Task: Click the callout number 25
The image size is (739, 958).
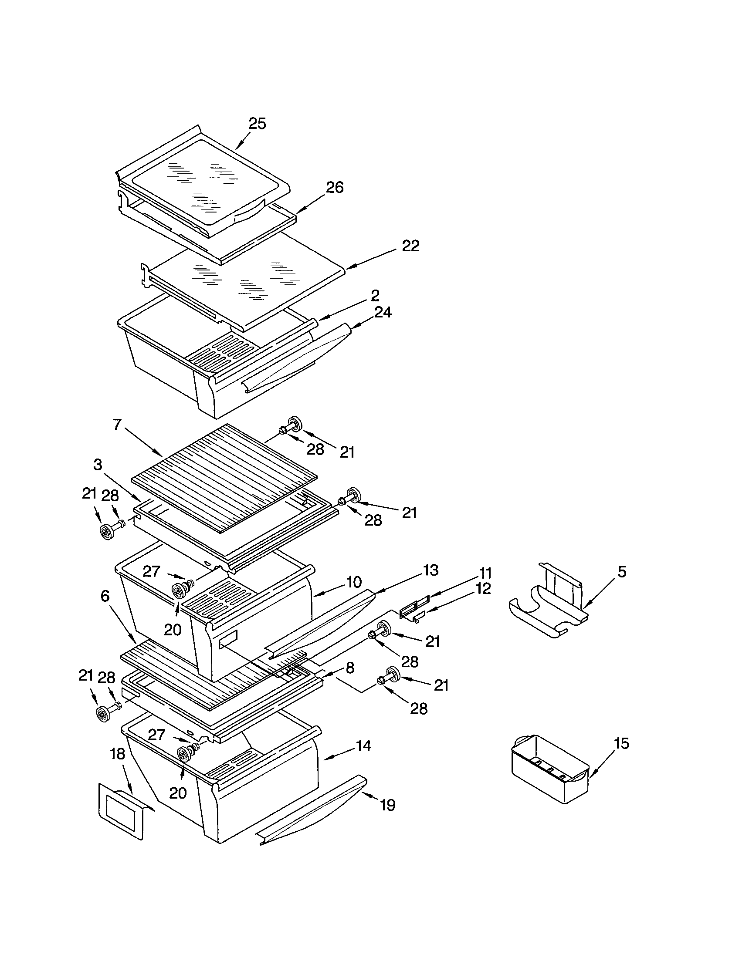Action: pyautogui.click(x=257, y=124)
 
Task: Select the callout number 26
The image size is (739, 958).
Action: pyautogui.click(x=334, y=187)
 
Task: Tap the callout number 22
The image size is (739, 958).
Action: pyautogui.click(x=410, y=246)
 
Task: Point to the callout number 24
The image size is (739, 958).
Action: pyautogui.click(x=383, y=312)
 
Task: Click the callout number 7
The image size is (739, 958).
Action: pyautogui.click(x=117, y=425)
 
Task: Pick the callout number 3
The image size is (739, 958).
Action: pyautogui.click(x=98, y=465)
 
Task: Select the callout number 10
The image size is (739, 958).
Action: pyautogui.click(x=354, y=582)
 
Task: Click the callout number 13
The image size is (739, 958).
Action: pyautogui.click(x=431, y=570)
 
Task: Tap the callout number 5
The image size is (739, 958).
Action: pyautogui.click(x=622, y=572)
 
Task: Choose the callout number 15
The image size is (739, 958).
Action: pyautogui.click(x=621, y=743)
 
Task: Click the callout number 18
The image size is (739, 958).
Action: pyautogui.click(x=118, y=754)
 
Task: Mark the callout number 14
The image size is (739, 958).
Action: pyautogui.click(x=363, y=745)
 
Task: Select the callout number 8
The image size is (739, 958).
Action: pyautogui.click(x=350, y=668)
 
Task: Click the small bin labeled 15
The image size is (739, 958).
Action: pyautogui.click(x=549, y=768)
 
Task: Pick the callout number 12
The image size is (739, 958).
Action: pyautogui.click(x=483, y=588)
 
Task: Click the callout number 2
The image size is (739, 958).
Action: pyautogui.click(x=375, y=295)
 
